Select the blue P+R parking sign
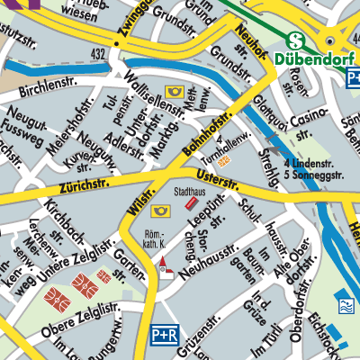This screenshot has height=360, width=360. pyautogui.click(x=164, y=334)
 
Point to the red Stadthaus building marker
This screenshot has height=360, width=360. pyautogui.click(x=191, y=205)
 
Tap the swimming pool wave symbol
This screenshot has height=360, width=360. pyautogui.click(x=344, y=302)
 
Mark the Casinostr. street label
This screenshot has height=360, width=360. pyautogui.click(x=311, y=119)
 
